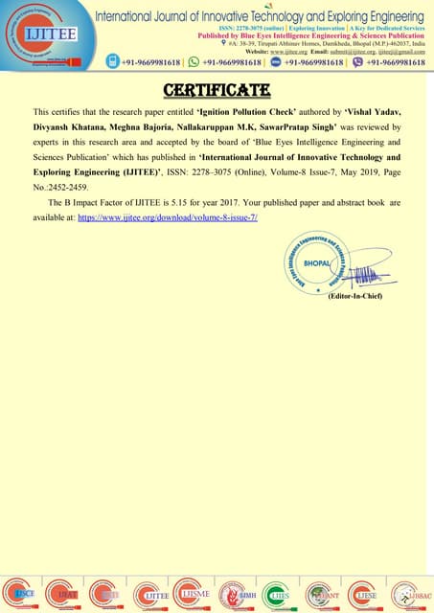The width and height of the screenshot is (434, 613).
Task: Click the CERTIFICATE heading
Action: tap(217, 91)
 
